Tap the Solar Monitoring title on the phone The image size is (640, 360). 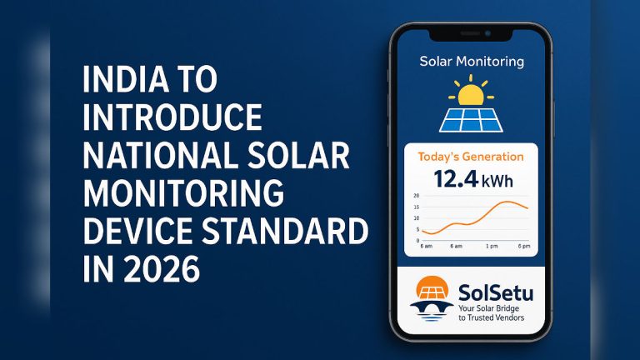[x=472, y=62]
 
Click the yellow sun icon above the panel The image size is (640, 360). [x=472, y=91]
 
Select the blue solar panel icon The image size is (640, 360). [x=472, y=118]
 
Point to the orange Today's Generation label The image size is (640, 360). [x=471, y=157]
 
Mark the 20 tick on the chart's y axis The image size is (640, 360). [x=417, y=196]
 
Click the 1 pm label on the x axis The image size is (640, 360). [x=492, y=247]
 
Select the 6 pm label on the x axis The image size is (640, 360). [x=524, y=247]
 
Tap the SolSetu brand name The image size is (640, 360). [x=495, y=292]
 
